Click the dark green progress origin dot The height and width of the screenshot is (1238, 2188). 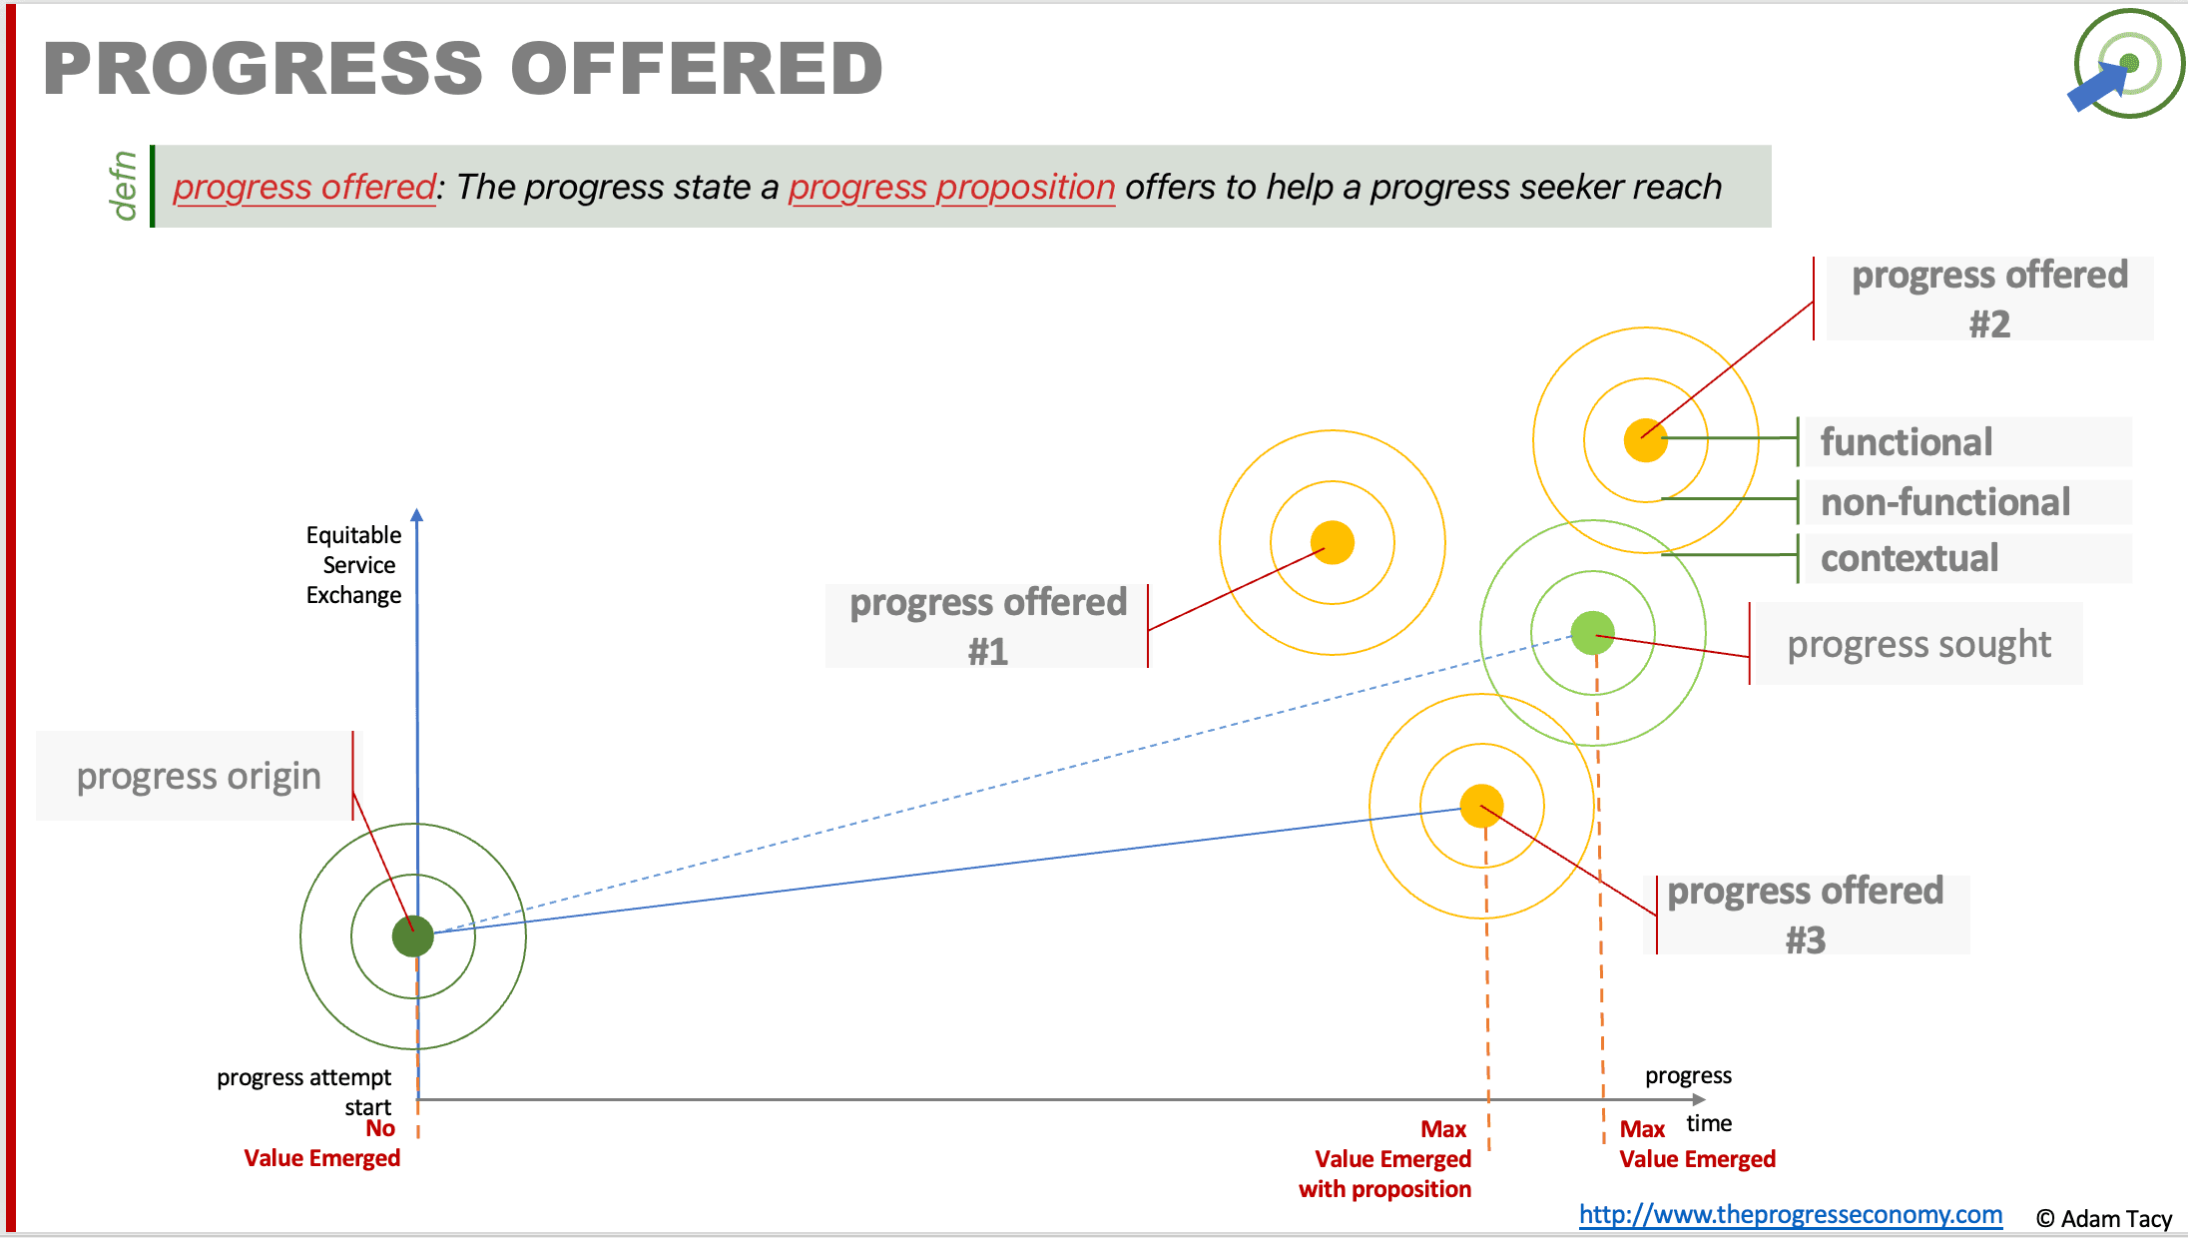click(x=413, y=936)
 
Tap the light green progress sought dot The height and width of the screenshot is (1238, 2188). click(x=1593, y=633)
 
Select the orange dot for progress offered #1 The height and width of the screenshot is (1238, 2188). click(x=1333, y=543)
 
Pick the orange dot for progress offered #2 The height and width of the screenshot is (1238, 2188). click(x=1646, y=440)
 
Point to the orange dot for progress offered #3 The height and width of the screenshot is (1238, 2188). click(x=1482, y=806)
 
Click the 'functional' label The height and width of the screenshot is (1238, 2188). click(x=1907, y=442)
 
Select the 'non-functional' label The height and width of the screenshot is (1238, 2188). click(x=1945, y=502)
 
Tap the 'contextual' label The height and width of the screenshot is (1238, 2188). click(x=1910, y=558)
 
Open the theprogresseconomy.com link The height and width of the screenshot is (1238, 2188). click(x=1791, y=1214)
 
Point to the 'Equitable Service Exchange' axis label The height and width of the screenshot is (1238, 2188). click(x=353, y=565)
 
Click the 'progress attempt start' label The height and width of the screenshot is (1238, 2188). click(x=304, y=1092)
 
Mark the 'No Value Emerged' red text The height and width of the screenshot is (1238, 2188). click(x=321, y=1143)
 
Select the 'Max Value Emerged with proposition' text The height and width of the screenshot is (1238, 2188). click(x=1385, y=1159)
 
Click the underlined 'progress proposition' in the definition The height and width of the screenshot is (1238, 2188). click(x=951, y=187)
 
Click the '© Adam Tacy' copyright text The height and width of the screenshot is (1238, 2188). click(x=2104, y=1218)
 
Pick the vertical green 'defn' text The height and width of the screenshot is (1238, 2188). click(x=123, y=186)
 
